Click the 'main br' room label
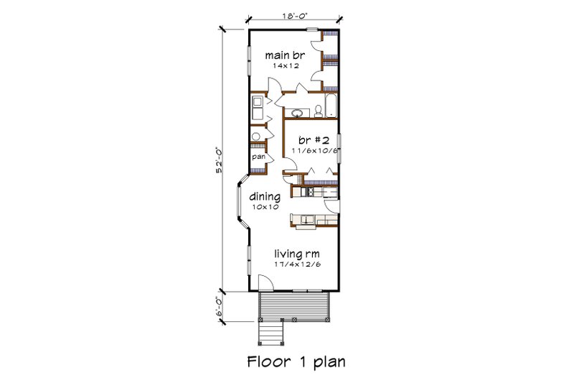pyautogui.click(x=281, y=55)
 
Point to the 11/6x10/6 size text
pyautogui.click(x=314, y=151)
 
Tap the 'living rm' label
pyautogui.click(x=296, y=254)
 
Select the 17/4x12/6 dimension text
pyautogui.click(x=296, y=264)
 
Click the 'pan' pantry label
pyautogui.click(x=257, y=155)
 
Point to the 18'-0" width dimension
pyautogui.click(x=295, y=14)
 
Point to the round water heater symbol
pyautogui.click(x=255, y=136)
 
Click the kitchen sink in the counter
pyautogui.click(x=307, y=220)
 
